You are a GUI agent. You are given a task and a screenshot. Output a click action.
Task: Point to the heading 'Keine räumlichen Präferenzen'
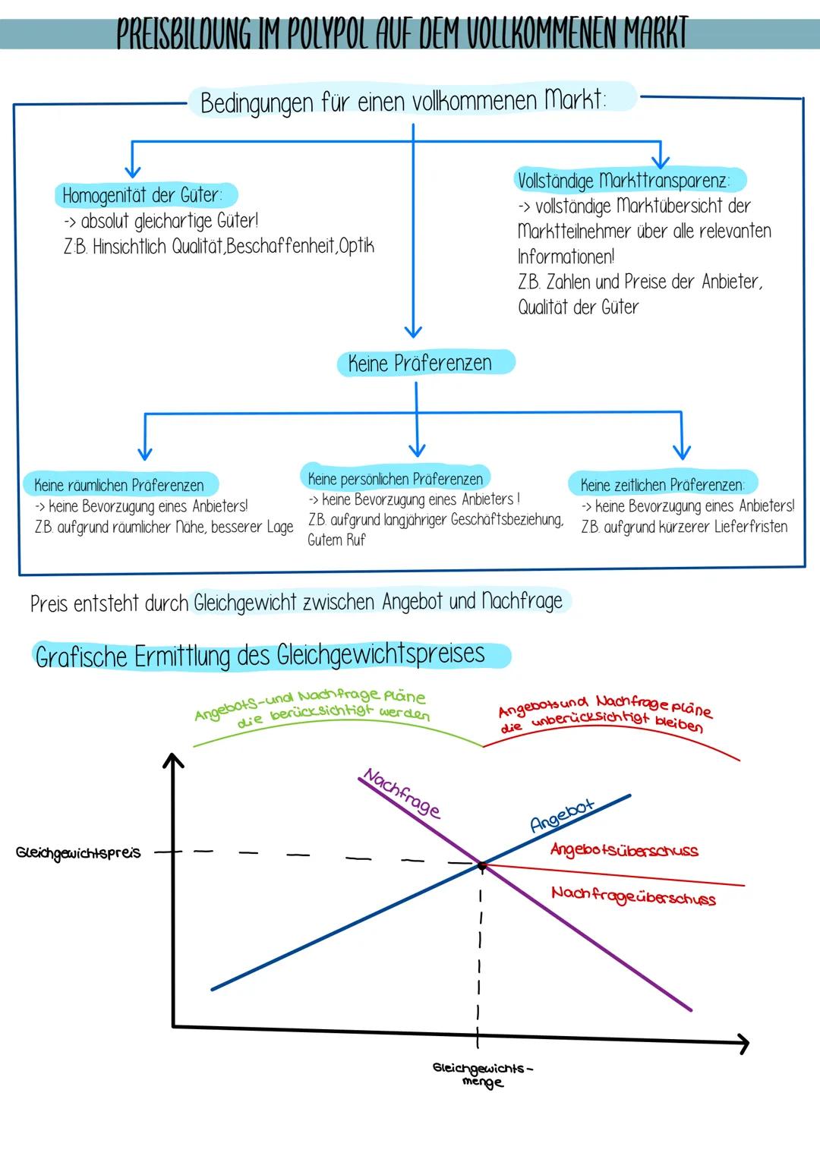(120, 484)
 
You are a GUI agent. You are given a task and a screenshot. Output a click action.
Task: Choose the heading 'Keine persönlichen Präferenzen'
(396, 478)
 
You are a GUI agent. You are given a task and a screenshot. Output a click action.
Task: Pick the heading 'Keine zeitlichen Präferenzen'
(662, 484)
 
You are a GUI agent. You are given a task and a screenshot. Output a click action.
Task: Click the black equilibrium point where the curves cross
(481, 865)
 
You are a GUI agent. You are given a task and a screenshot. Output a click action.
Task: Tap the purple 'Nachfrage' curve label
(402, 792)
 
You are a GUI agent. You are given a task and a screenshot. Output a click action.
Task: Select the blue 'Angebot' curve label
(562, 814)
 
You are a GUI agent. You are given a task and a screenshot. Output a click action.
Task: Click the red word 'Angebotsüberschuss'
(624, 850)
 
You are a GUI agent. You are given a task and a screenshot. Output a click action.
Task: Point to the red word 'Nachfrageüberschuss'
(633, 896)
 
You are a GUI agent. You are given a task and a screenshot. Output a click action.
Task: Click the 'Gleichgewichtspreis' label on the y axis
(78, 853)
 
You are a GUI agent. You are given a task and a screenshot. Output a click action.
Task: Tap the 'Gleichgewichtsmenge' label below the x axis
(482, 1075)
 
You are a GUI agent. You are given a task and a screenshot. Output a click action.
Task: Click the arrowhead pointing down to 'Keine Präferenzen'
(413, 331)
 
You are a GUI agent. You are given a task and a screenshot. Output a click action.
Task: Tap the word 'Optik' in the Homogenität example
(357, 246)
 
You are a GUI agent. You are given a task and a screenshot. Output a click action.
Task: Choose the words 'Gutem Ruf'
(336, 540)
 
